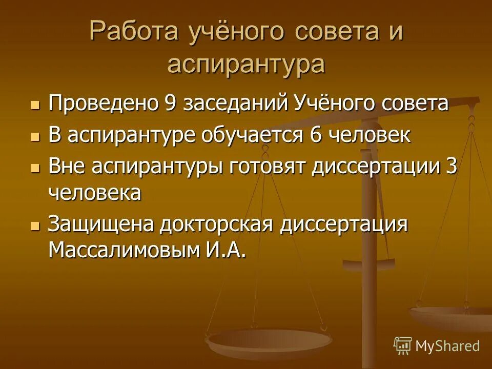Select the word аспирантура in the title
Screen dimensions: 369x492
pyautogui.click(x=246, y=65)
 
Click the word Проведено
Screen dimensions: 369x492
pyautogui.click(x=103, y=104)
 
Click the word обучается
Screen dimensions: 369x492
pyautogui.click(x=253, y=135)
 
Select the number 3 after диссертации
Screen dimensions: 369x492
pyautogui.click(x=451, y=167)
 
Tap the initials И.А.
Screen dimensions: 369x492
pyautogui.click(x=223, y=250)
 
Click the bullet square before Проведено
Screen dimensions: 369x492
pyautogui.click(x=35, y=105)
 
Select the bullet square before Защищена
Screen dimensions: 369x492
pyautogui.click(x=35, y=226)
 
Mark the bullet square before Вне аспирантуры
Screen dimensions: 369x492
pyautogui.click(x=35, y=168)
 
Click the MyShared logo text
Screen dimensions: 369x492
pyautogui.click(x=447, y=346)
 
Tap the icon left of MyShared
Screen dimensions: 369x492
pyautogui.click(x=403, y=346)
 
